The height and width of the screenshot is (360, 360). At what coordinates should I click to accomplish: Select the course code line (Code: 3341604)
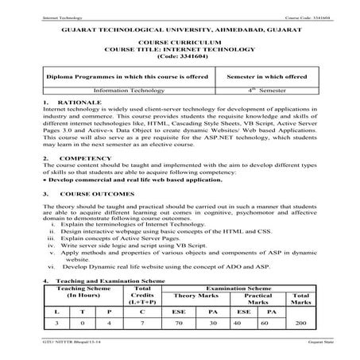(180, 56)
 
